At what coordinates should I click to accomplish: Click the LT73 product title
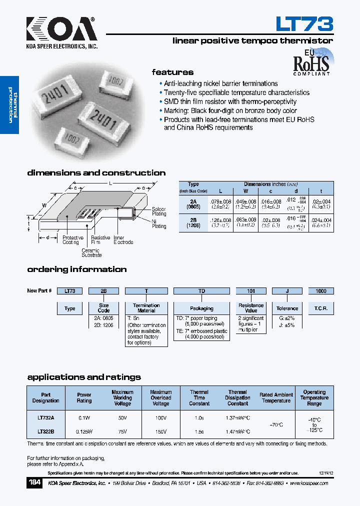[x=304, y=23]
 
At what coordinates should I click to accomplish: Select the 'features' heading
[x=172, y=72]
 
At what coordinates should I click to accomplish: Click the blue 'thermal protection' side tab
[x=9, y=105]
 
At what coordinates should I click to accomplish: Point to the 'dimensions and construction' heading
[x=96, y=173]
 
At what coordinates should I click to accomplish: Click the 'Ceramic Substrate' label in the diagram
[x=91, y=252]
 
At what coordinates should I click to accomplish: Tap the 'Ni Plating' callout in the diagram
[x=159, y=224]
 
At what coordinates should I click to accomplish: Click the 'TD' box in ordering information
[x=201, y=290]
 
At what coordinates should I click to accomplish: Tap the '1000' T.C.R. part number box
[x=320, y=290]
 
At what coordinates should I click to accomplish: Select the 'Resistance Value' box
[x=251, y=308]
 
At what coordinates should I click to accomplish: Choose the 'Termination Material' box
[x=146, y=308]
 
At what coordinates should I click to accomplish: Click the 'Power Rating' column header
[x=84, y=397]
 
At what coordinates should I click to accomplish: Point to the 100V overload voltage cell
[x=160, y=416]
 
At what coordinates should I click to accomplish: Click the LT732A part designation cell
[x=45, y=416]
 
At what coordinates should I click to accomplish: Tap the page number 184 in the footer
[x=35, y=483]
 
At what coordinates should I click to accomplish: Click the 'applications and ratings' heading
[x=84, y=377]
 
